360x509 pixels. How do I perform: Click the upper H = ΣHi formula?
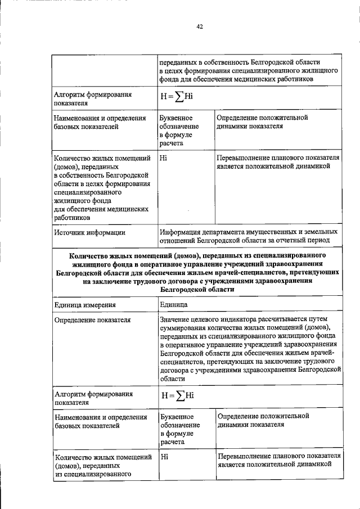click(177, 96)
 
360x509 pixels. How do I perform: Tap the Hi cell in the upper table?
click(164, 157)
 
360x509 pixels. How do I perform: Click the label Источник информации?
click(89, 231)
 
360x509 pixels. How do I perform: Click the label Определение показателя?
click(92, 319)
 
